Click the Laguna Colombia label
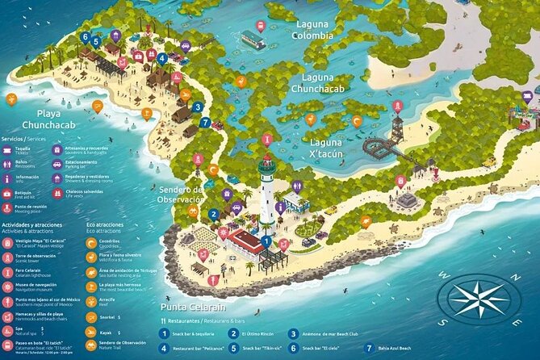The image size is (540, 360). click(312, 30)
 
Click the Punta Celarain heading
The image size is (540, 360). click(193, 307)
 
